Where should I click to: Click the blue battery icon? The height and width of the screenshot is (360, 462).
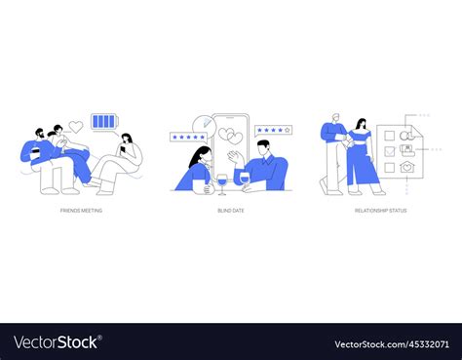click(102, 122)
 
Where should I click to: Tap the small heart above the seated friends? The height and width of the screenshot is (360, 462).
click(76, 126)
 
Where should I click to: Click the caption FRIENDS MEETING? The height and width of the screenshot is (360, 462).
click(82, 210)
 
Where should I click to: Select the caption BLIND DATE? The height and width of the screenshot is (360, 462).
click(230, 210)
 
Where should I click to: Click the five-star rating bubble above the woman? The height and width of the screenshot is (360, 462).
click(188, 138)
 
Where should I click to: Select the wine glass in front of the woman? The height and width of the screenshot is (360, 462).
click(221, 181)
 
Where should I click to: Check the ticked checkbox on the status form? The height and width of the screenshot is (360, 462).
click(390, 151)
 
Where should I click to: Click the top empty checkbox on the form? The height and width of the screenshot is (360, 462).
click(390, 135)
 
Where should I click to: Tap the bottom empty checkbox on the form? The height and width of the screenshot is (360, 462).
click(390, 168)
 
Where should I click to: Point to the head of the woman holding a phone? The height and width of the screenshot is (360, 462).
click(128, 140)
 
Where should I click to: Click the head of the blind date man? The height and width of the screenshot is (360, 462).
click(262, 148)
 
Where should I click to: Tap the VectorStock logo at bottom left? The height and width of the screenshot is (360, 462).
click(58, 342)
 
